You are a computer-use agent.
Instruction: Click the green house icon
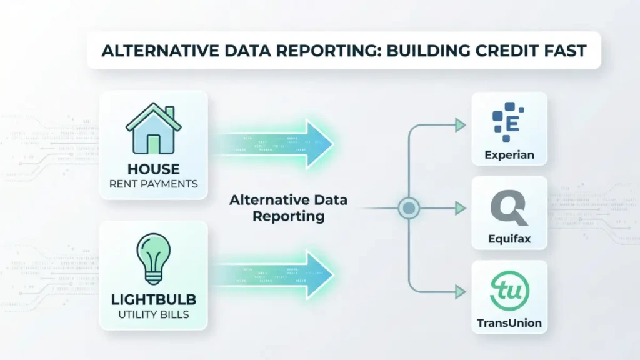[153, 129]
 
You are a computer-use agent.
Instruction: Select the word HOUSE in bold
[153, 169]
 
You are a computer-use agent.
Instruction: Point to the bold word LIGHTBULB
[153, 299]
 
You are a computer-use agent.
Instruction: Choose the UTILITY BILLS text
[153, 314]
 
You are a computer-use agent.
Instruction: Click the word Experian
[509, 155]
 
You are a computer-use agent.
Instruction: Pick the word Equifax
[509, 239]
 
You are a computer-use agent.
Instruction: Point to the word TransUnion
[509, 324]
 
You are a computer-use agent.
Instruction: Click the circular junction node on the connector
[408, 207]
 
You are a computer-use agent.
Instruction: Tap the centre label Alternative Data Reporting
[288, 208]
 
